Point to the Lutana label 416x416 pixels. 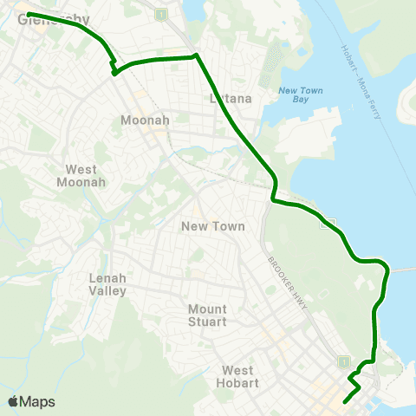tap(231, 98)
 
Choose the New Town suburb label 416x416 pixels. tap(212, 226)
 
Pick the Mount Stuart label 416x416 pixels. tap(207, 315)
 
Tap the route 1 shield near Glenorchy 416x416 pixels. tap(161, 14)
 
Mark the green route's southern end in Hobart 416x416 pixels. tap(345, 401)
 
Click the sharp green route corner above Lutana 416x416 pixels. tap(196, 56)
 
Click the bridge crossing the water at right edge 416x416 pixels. tap(402, 270)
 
